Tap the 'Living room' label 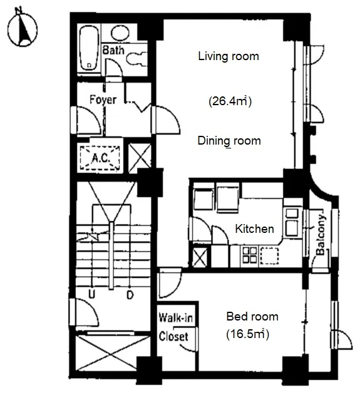click(229, 56)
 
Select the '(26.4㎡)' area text click(230, 101)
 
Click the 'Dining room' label click(229, 141)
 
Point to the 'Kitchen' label click(254, 228)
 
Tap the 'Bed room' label click(252, 316)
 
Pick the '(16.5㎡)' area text click(248, 334)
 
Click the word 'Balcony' click(321, 235)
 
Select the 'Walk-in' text click(176, 317)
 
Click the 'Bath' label click(113, 50)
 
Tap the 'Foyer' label click(103, 100)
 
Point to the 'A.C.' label click(100, 158)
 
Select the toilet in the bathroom click(137, 59)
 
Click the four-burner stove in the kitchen click(250, 255)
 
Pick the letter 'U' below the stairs click(91, 294)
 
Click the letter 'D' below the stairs click(130, 294)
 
